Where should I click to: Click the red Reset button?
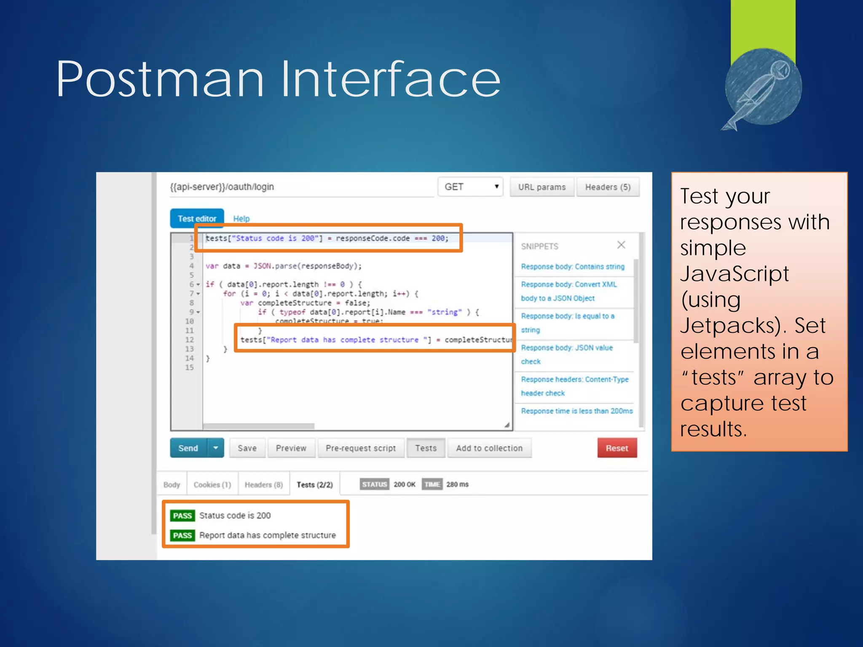point(616,448)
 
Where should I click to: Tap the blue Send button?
point(188,448)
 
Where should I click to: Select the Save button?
point(247,448)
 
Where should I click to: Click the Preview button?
point(291,448)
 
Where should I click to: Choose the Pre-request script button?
point(361,448)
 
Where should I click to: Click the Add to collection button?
point(489,448)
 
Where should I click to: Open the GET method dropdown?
point(471,187)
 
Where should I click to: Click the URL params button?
point(542,187)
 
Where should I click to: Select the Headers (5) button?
point(608,187)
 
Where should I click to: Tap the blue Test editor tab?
point(197,219)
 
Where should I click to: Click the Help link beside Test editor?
point(241,219)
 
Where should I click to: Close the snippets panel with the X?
point(621,245)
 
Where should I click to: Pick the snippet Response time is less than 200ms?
point(576,411)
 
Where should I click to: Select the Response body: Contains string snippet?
point(573,267)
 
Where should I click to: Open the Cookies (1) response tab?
point(212,485)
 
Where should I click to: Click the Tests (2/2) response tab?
point(315,485)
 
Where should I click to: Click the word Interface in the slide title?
point(391,79)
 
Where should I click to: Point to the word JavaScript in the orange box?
point(734,274)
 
